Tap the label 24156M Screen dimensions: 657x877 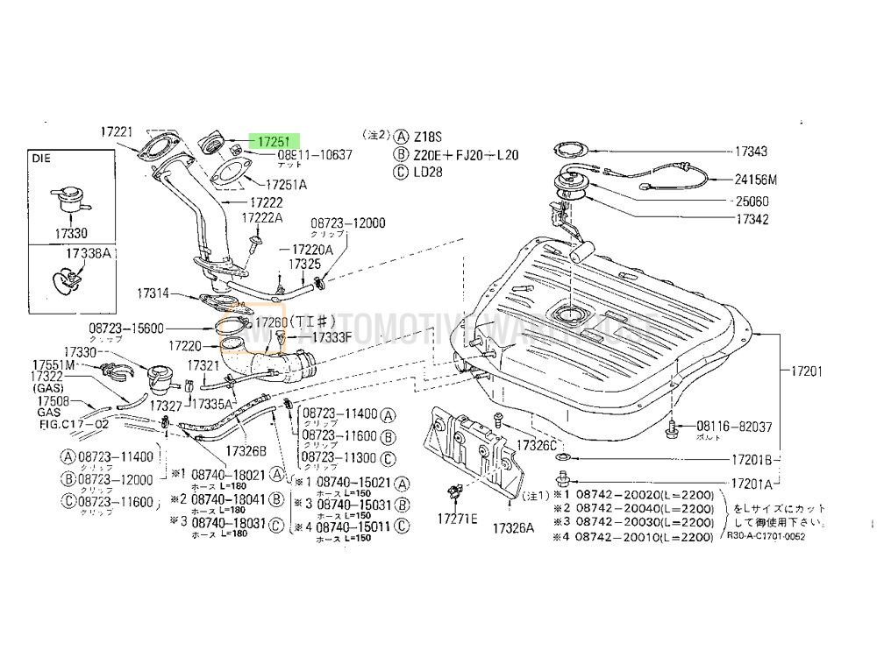point(755,180)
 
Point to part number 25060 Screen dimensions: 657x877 point(752,201)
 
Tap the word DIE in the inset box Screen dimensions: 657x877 point(43,160)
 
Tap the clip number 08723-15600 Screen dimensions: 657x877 point(125,328)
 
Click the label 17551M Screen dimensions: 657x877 point(54,364)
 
